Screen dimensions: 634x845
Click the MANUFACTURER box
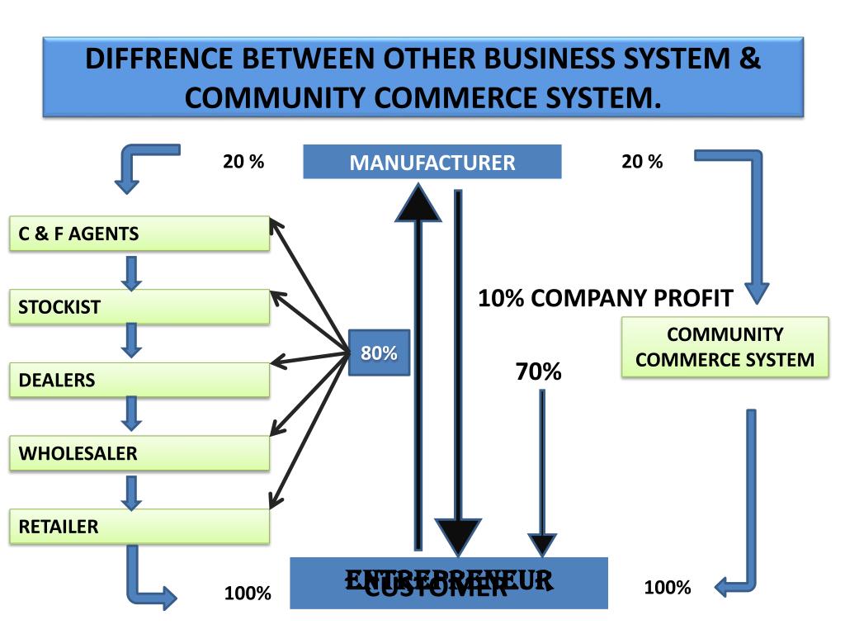tap(432, 162)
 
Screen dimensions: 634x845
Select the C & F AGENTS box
tap(139, 234)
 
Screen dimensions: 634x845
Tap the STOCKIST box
tap(139, 307)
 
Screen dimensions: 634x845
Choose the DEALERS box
tap(139, 381)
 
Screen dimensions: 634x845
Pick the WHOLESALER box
tap(139, 453)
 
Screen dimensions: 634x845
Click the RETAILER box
tap(139, 527)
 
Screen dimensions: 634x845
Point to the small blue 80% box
tap(379, 353)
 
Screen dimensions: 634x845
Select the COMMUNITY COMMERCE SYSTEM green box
tap(725, 348)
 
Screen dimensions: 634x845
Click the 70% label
tap(538, 372)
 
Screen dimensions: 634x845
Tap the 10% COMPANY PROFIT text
tap(606, 298)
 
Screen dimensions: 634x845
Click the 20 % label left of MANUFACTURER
tap(243, 162)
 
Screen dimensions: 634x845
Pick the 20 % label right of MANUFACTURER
tap(642, 162)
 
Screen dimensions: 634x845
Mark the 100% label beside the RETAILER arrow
tap(248, 593)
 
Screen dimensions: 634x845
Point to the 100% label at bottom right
tap(668, 588)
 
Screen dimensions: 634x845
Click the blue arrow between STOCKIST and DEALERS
tap(131, 338)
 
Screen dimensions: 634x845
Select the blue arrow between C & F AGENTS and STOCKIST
tap(131, 272)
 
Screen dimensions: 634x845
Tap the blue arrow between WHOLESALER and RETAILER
tap(131, 492)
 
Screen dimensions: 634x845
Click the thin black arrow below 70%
tap(542, 471)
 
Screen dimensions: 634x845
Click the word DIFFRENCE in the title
tap(156, 60)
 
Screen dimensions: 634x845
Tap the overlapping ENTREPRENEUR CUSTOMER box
tap(449, 583)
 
